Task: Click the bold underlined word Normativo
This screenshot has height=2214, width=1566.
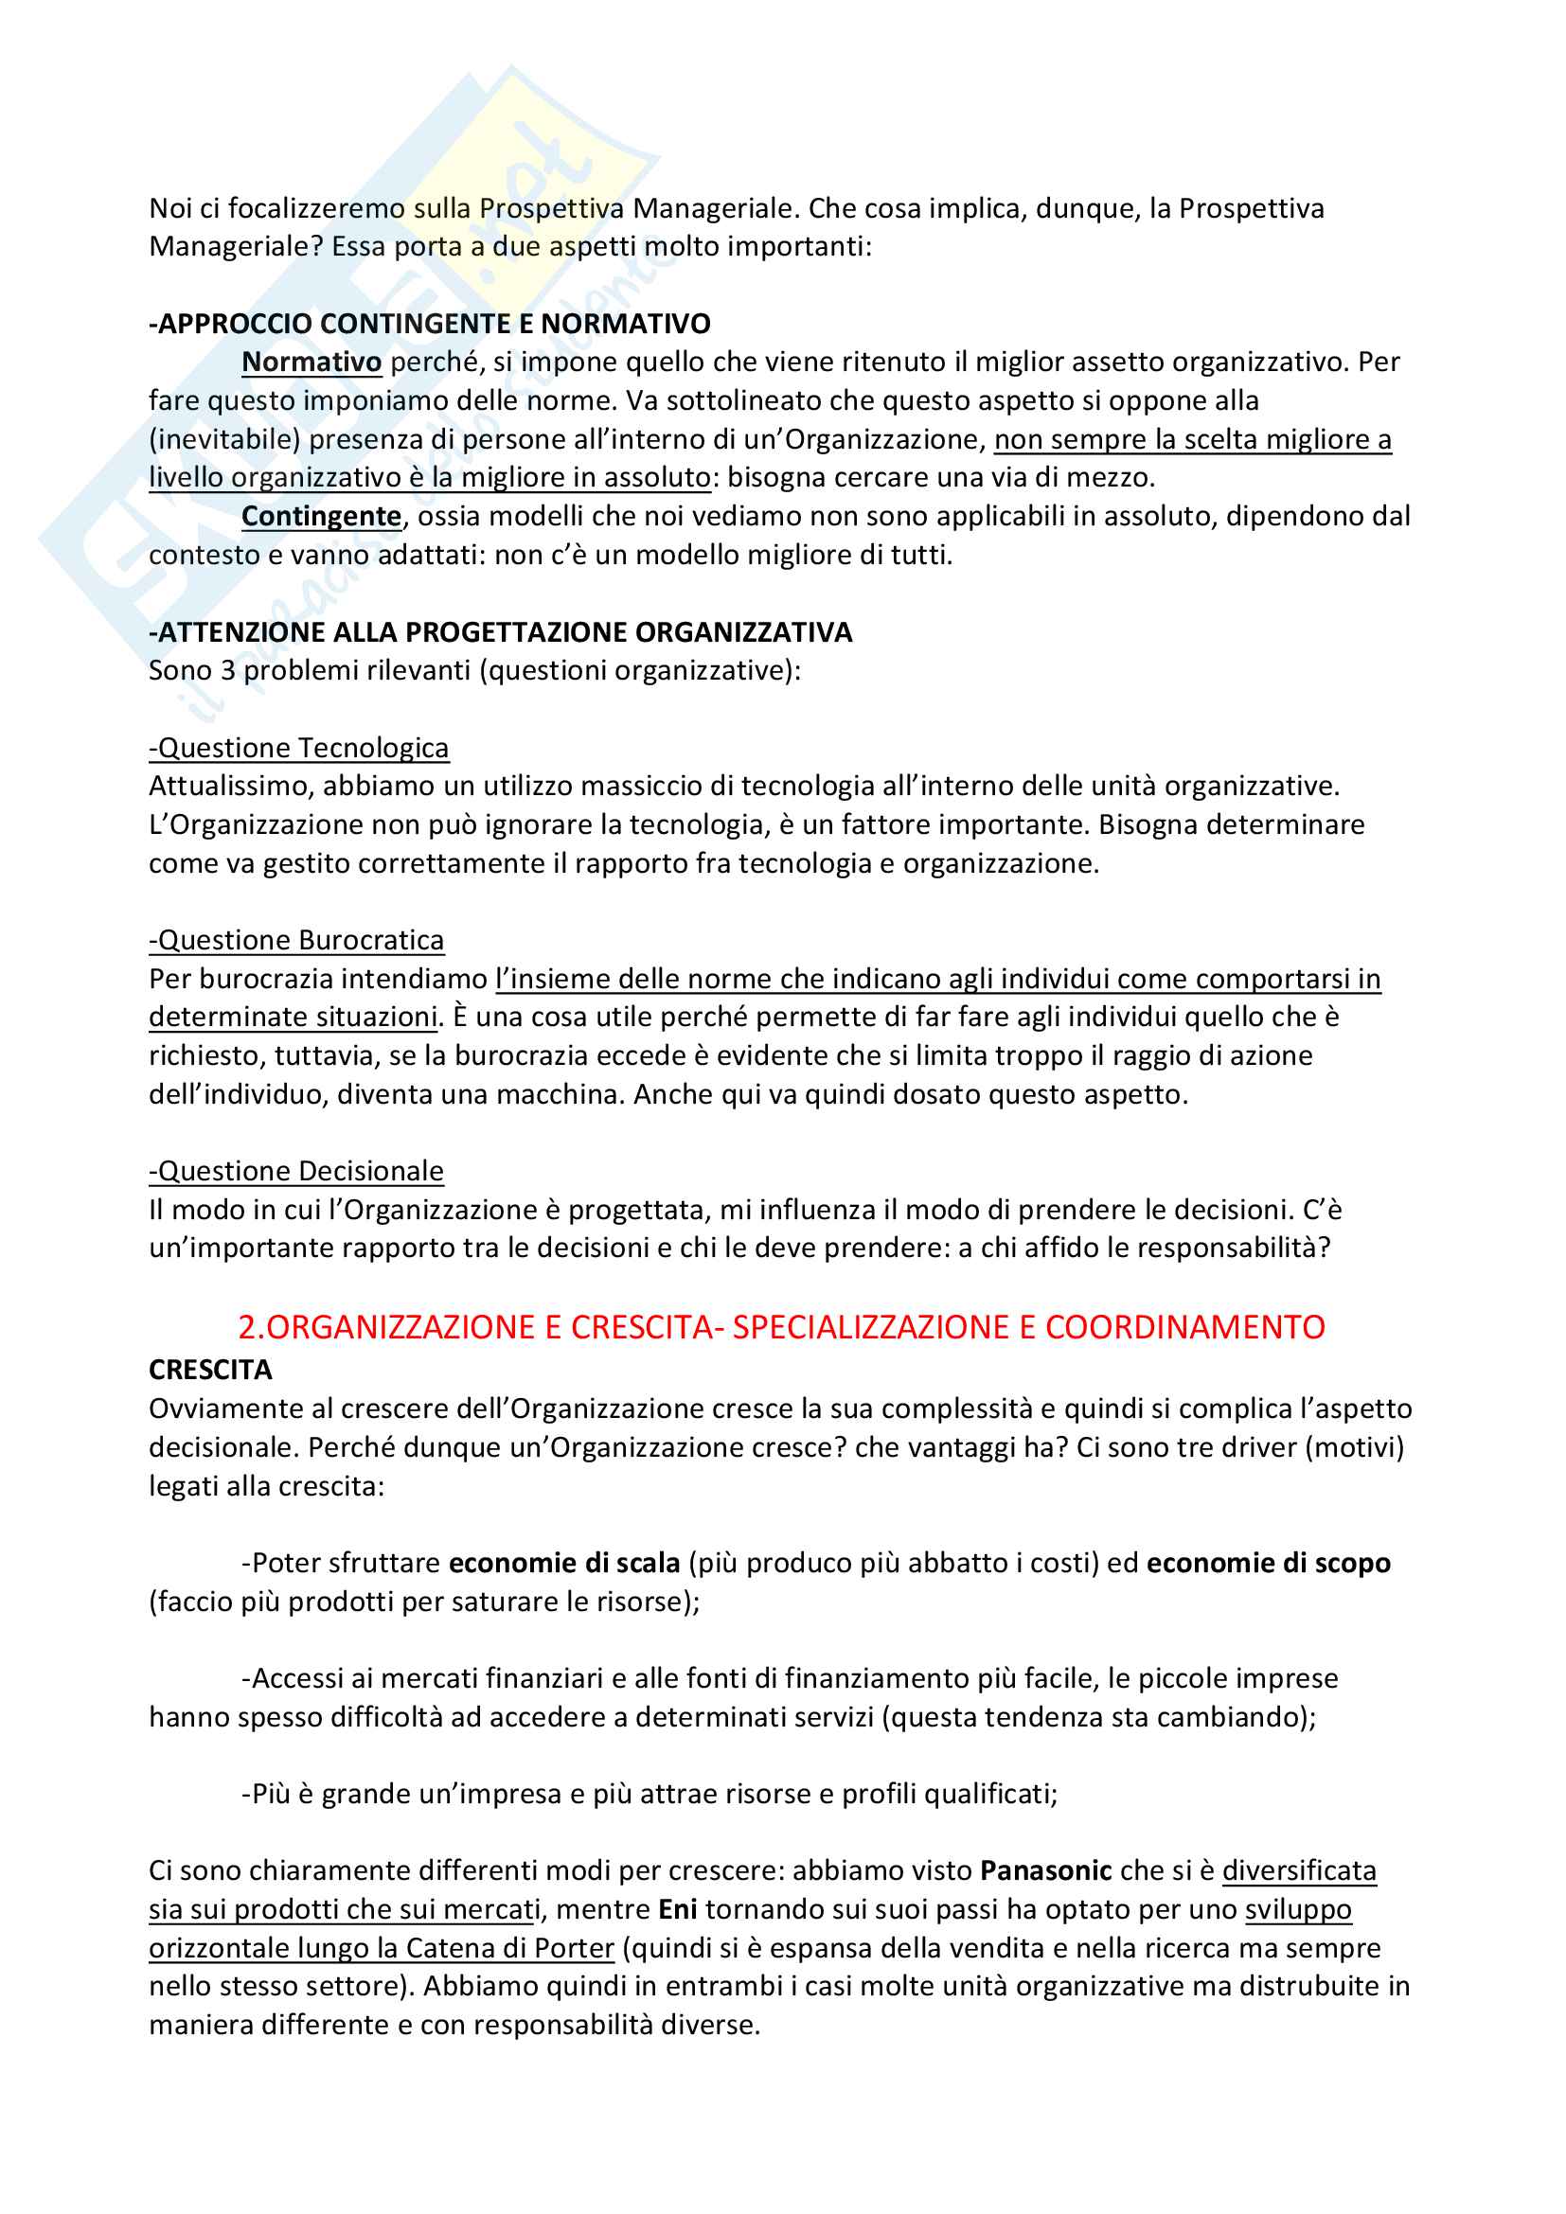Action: click(x=311, y=362)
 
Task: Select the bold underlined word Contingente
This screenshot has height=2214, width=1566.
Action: click(x=321, y=516)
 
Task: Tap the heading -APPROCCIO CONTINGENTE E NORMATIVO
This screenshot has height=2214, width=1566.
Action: click(x=430, y=323)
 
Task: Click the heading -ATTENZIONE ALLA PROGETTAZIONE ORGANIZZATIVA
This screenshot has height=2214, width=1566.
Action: click(x=501, y=631)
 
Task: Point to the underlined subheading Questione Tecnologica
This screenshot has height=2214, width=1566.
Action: click(x=299, y=748)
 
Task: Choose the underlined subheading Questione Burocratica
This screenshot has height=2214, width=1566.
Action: click(x=297, y=939)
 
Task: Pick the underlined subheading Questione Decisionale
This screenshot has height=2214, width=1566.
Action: click(x=297, y=1171)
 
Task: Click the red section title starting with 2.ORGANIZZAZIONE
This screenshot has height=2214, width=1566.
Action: click(x=781, y=1327)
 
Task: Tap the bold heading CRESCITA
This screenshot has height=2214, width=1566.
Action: click(x=210, y=1370)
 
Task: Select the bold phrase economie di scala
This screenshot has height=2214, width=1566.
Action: click(x=564, y=1562)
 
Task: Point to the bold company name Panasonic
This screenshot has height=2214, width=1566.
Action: click(x=1045, y=1870)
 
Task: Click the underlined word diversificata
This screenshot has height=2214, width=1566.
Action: click(x=1299, y=1870)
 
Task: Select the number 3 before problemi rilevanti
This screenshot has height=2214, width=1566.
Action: click(x=227, y=670)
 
